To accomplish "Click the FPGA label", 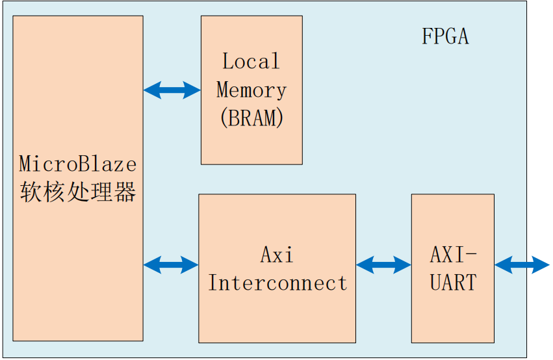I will click(445, 36).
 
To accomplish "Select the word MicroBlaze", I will click(77, 162).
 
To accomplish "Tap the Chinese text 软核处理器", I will click(77, 192).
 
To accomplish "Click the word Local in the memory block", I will click(251, 62).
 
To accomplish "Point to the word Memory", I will click(251, 90).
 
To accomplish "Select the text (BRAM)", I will click(251, 118).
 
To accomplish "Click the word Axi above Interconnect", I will click(277, 255).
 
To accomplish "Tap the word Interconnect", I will click(277, 283).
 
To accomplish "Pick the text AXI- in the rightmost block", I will click(453, 254).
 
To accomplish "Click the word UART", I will click(453, 283).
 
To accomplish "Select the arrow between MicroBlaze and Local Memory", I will click(172, 90).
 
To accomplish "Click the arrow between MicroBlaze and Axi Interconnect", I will click(170, 264).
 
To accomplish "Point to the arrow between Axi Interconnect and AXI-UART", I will click(383, 264).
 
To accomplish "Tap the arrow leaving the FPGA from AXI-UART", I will click(522, 264).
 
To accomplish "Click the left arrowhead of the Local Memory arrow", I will click(151, 90).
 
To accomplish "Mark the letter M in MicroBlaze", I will click(25, 162).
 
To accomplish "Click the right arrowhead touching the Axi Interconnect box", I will click(190, 264).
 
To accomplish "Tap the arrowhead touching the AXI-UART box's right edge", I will click(502, 264).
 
